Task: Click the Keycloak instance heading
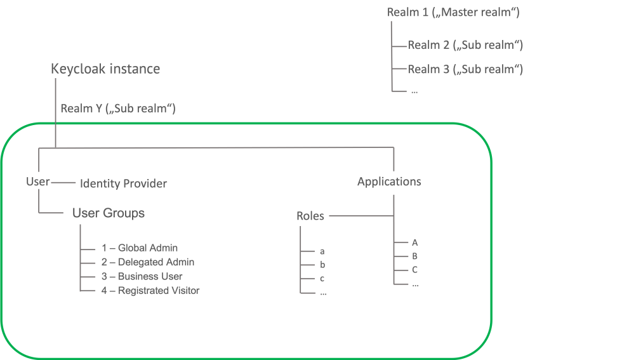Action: point(105,69)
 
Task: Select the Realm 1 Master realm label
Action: point(453,12)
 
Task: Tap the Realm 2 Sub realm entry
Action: point(465,45)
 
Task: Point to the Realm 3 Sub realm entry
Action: point(465,69)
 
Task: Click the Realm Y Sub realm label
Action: point(118,109)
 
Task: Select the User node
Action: point(37,182)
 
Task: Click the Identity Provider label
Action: point(123,183)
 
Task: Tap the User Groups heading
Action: point(109,213)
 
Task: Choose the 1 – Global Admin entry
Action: point(140,248)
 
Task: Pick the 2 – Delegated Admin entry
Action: point(148,262)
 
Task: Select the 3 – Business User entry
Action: point(142,276)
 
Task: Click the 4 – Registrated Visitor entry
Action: point(150,291)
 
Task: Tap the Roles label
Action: point(310,216)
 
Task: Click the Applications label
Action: point(389,182)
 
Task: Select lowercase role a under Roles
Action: point(322,251)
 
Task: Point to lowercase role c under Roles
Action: point(322,279)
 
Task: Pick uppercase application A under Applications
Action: point(414,243)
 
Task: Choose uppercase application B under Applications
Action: point(414,256)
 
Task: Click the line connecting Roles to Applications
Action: point(361,216)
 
